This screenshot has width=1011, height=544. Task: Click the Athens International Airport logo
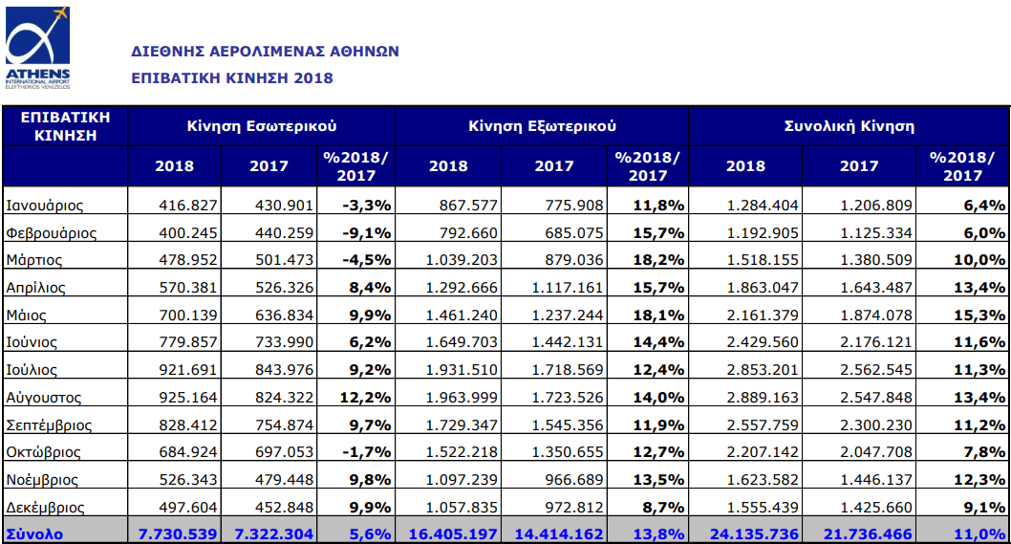click(37, 48)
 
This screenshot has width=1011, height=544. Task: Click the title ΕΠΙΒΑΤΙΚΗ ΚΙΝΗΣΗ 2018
click(232, 77)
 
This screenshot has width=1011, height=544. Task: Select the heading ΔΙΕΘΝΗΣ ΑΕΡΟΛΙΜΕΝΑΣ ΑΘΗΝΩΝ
click(265, 51)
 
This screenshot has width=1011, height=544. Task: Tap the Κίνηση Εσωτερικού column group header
click(262, 125)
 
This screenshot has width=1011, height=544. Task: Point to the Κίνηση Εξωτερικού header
click(542, 125)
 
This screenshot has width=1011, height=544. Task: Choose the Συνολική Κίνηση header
click(849, 125)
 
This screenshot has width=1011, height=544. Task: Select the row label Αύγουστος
click(44, 397)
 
